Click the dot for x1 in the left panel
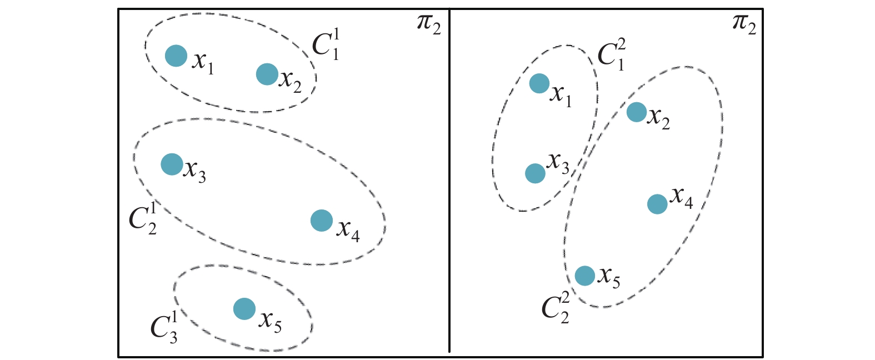pos(176,55)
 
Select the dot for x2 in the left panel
pos(267,74)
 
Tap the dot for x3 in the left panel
pos(172,164)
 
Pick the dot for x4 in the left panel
pos(322,221)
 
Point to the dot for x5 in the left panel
pos(244,309)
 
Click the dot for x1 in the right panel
pos(539,83)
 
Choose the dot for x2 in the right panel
pos(637,112)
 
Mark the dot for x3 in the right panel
pos(535,173)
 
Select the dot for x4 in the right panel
pos(657,204)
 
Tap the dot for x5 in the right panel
pos(584,275)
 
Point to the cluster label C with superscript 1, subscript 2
pos(143,218)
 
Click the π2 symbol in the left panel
pos(429,26)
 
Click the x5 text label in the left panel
pos(270,321)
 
